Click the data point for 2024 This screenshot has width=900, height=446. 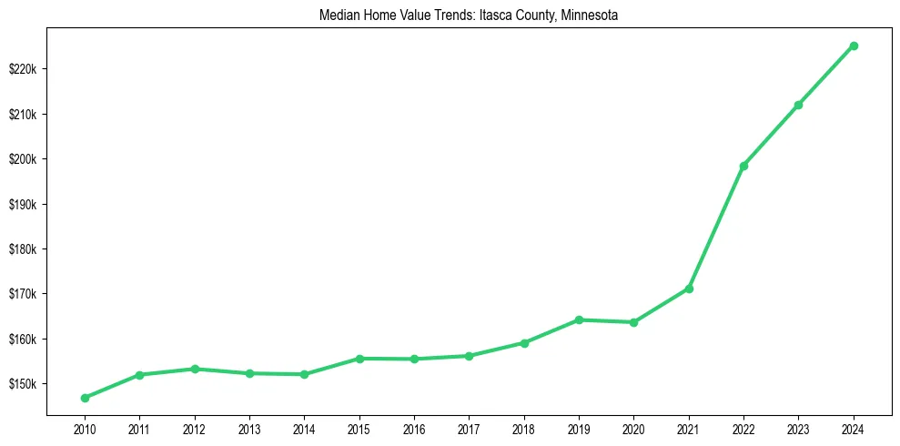tap(854, 46)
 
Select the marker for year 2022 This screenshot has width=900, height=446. tap(743, 166)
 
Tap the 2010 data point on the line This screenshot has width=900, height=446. tap(85, 398)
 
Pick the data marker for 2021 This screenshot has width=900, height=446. tap(689, 289)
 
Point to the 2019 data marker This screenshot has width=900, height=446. tap(579, 319)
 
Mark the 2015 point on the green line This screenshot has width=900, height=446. tap(359, 359)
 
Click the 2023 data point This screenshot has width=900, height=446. tap(798, 105)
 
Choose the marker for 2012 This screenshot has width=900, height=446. tap(195, 369)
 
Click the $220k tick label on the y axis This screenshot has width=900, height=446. tap(25, 69)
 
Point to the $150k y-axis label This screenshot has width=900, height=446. tap(25, 384)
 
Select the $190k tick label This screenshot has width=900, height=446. tap(25, 204)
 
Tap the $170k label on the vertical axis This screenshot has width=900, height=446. tap(25, 294)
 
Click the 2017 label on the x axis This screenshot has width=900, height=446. tap(469, 428)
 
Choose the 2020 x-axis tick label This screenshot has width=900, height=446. tap(633, 428)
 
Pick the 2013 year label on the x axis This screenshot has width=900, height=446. tap(249, 428)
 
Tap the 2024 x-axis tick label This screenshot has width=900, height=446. tap(854, 428)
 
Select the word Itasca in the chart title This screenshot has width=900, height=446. tap(490, 15)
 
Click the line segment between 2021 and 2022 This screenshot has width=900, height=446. tap(716, 228)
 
